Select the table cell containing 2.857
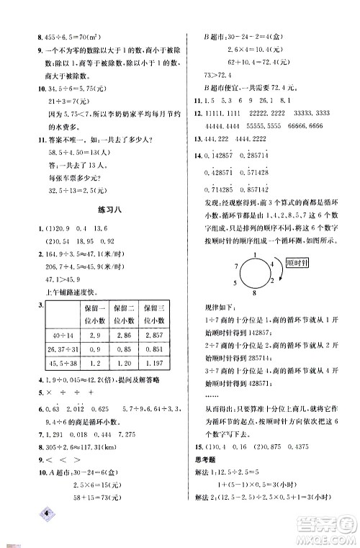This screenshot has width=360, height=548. pos(153,336)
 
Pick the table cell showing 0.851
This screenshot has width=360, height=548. pos(153,350)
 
